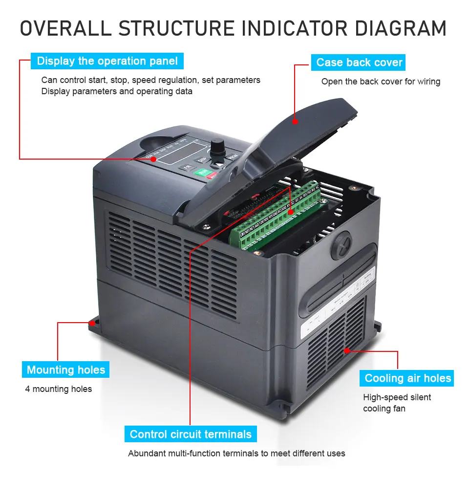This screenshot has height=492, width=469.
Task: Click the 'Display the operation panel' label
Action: point(107,61)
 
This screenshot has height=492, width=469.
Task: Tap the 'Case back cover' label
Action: point(359,62)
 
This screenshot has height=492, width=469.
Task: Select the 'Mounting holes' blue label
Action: point(66,370)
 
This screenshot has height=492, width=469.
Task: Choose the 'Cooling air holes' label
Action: point(408,378)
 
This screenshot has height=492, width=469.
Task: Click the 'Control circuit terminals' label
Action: point(191,434)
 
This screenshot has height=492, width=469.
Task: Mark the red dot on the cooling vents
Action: point(347,350)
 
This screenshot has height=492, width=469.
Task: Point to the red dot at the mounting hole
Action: point(91,323)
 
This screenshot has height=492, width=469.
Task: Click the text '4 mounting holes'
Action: point(59,389)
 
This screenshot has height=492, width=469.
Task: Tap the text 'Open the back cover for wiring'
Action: point(381,82)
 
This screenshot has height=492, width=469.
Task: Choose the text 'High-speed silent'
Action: point(397,397)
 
